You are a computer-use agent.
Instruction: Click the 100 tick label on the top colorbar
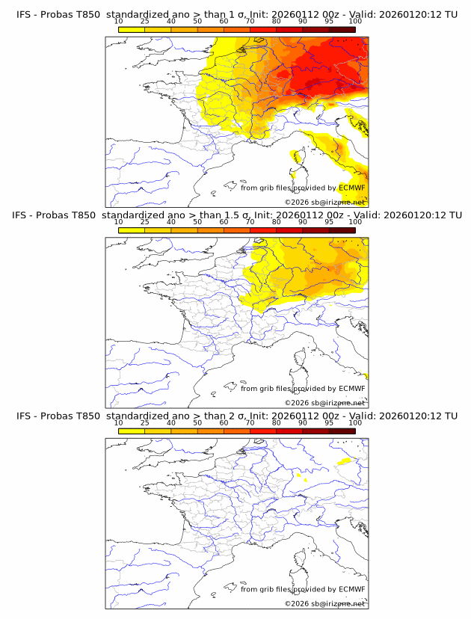coord(355,22)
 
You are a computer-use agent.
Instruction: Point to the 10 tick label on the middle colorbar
coord(118,222)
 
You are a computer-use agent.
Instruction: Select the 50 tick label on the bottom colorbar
coord(197,422)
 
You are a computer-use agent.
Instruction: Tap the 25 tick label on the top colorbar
coord(144,22)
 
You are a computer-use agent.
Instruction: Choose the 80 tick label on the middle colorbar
coord(277,222)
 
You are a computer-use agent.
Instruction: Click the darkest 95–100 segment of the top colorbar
coord(342,29)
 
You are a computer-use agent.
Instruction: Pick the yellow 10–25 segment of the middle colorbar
coord(131,230)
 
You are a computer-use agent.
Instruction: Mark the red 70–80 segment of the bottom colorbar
coord(263,431)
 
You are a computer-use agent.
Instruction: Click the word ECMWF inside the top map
coord(351,188)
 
